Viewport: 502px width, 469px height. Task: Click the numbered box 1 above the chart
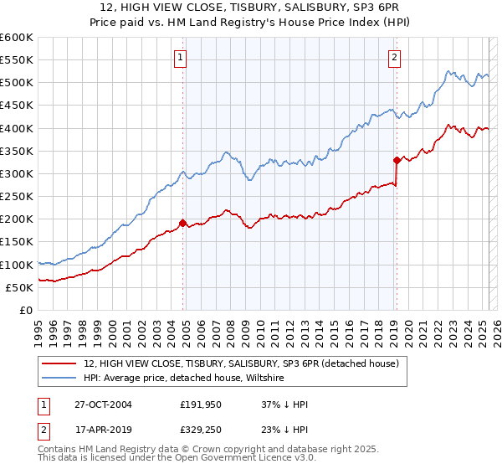click(181, 58)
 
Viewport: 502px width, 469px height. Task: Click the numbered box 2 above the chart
click(394, 58)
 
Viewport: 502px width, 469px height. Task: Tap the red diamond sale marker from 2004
click(182, 223)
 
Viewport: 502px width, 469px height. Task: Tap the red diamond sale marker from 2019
click(397, 160)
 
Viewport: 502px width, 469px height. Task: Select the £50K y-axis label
click(19, 287)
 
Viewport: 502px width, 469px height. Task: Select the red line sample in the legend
click(59, 364)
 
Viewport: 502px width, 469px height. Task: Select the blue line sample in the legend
click(59, 379)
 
